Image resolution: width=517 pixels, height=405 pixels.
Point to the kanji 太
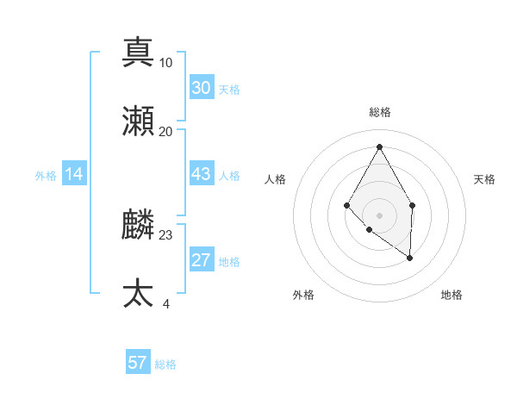(x=138, y=293)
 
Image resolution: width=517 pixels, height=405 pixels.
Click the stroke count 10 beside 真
(x=166, y=62)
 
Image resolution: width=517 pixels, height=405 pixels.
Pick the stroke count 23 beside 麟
(x=166, y=234)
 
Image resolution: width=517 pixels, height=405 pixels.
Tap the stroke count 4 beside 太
(x=166, y=303)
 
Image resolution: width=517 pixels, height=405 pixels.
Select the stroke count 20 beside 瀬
(x=166, y=131)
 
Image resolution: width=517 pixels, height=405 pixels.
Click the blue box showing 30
(x=202, y=88)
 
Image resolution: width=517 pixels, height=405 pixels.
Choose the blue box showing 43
(x=202, y=174)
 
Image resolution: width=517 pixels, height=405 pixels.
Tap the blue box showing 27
(x=202, y=260)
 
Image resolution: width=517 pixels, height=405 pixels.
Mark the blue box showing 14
(x=74, y=174)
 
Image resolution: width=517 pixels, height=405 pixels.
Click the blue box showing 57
(x=138, y=363)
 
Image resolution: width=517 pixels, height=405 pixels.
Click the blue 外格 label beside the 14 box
(x=46, y=175)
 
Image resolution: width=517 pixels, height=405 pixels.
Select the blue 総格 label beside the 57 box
(x=165, y=364)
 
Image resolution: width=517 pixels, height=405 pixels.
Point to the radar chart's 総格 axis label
(x=379, y=113)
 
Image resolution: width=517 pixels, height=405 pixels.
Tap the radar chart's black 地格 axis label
(x=452, y=296)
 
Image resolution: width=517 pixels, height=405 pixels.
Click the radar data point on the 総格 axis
(x=379, y=146)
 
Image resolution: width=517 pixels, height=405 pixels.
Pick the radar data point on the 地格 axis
(x=410, y=257)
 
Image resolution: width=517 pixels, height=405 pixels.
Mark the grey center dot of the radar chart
(x=379, y=215)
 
